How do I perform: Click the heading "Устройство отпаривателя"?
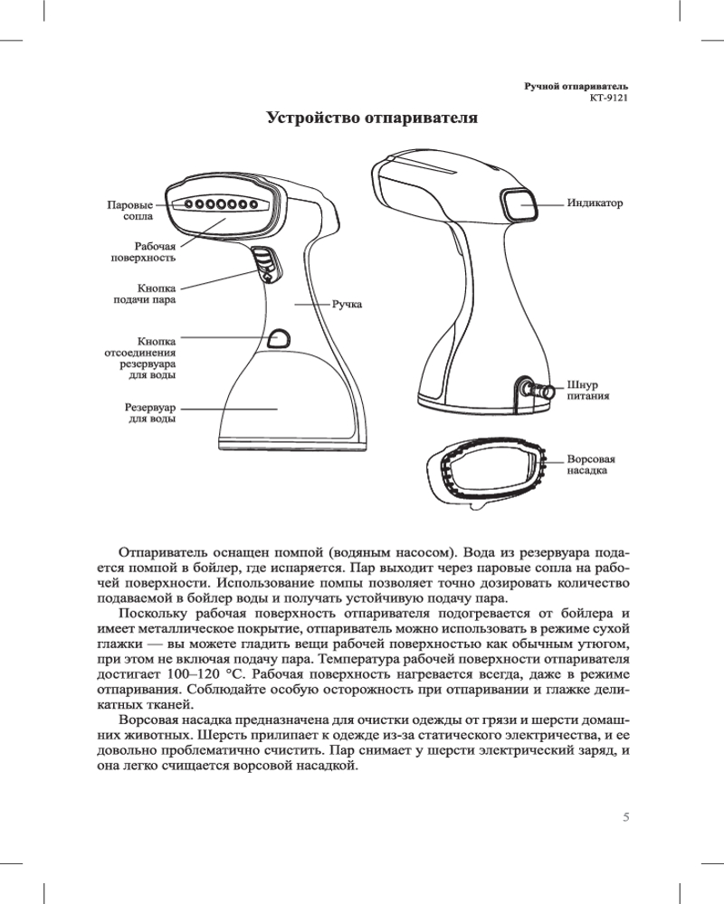tap(371, 118)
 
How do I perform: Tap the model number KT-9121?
tap(608, 98)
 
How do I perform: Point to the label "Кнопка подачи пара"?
tap(138, 294)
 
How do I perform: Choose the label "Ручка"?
tap(346, 306)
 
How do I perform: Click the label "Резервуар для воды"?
tap(149, 413)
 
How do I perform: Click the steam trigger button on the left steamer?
tap(263, 268)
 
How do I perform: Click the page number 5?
tap(625, 818)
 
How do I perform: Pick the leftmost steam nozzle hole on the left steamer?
tap(188, 204)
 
